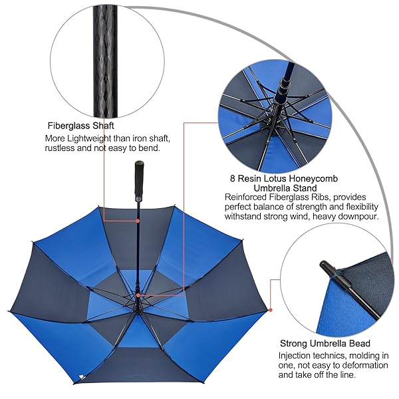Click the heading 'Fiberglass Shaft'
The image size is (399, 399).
click(x=81, y=126)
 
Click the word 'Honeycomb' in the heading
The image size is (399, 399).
click(x=315, y=179)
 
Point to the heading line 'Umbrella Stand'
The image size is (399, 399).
click(x=285, y=188)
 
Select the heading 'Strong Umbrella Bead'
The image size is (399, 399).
click(x=325, y=344)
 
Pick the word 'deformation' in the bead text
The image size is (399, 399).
click(x=365, y=365)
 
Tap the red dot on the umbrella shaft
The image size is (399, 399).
click(x=138, y=221)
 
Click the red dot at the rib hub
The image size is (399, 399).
click(x=138, y=295)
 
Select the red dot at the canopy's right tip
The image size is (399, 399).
click(x=271, y=310)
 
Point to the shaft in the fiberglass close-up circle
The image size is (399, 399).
click(x=105, y=61)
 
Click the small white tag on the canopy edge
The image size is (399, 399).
click(x=81, y=377)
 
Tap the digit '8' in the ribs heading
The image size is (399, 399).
click(x=233, y=179)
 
